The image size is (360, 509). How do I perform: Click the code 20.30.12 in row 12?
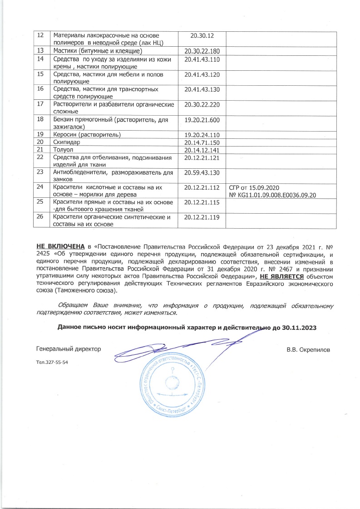coord(202,35)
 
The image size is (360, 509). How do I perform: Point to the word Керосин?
coord(67,135)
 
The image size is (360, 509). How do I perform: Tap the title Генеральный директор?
coord(68,349)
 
